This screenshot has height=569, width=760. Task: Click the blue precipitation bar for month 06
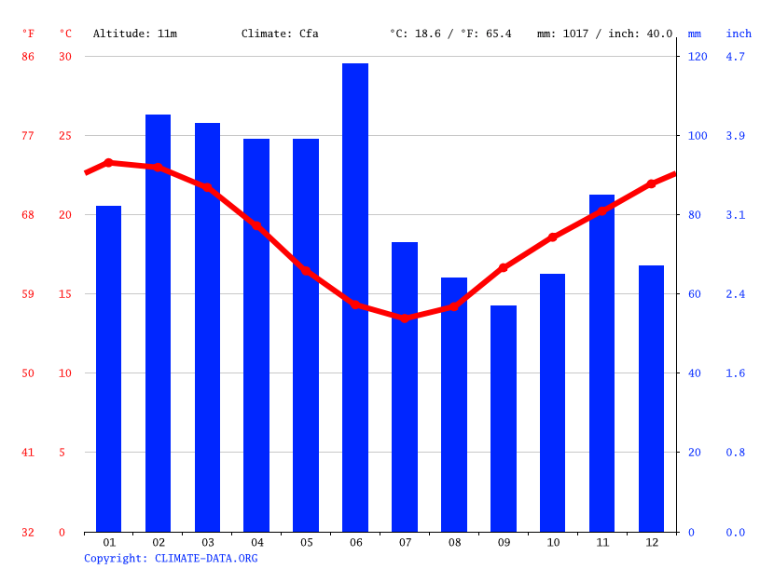(x=355, y=298)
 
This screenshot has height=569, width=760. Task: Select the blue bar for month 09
(x=504, y=419)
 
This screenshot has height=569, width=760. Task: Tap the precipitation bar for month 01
(x=109, y=369)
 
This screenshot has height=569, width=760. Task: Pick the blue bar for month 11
(x=601, y=363)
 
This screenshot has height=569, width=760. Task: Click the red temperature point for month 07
(x=405, y=318)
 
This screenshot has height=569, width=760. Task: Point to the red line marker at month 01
(x=109, y=162)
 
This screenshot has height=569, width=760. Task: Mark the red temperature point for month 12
(x=651, y=183)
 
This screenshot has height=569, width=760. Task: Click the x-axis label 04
(x=257, y=542)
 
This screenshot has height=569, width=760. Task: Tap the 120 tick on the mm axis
(x=698, y=57)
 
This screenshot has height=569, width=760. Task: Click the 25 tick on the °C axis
(x=65, y=136)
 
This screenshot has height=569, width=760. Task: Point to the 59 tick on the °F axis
(x=28, y=294)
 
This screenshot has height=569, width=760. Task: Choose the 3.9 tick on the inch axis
(x=736, y=136)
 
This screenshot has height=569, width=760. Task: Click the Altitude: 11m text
(x=134, y=34)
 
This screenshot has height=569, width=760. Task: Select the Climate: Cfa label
(x=280, y=34)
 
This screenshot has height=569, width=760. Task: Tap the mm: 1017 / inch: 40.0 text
(x=604, y=34)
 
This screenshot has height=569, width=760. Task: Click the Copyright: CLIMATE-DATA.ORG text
(x=171, y=558)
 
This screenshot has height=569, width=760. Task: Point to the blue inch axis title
(x=739, y=34)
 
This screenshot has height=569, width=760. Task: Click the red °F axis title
(x=28, y=34)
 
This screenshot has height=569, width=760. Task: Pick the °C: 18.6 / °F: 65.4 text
(x=450, y=34)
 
